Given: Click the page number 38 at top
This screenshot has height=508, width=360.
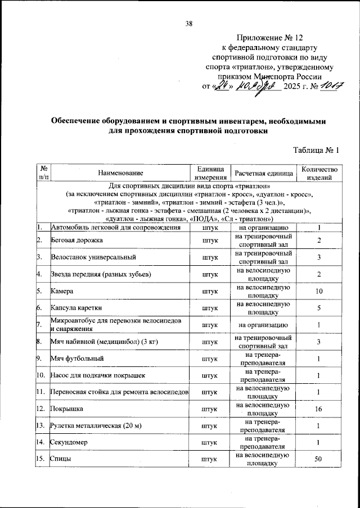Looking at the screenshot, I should (189, 24).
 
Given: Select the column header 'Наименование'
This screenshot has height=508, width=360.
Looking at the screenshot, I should (119, 173).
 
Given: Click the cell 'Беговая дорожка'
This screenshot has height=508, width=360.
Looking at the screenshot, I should (77, 241).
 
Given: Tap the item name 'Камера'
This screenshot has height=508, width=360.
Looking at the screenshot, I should (63, 291).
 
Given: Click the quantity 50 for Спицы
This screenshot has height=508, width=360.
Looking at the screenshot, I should (318, 460).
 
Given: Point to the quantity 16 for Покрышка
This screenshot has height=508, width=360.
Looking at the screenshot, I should (318, 409).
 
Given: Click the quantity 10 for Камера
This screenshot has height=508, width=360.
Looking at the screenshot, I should (318, 291).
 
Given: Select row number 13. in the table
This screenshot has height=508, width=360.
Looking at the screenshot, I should (41, 426).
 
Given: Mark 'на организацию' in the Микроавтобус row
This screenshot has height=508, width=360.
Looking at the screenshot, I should (263, 325).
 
